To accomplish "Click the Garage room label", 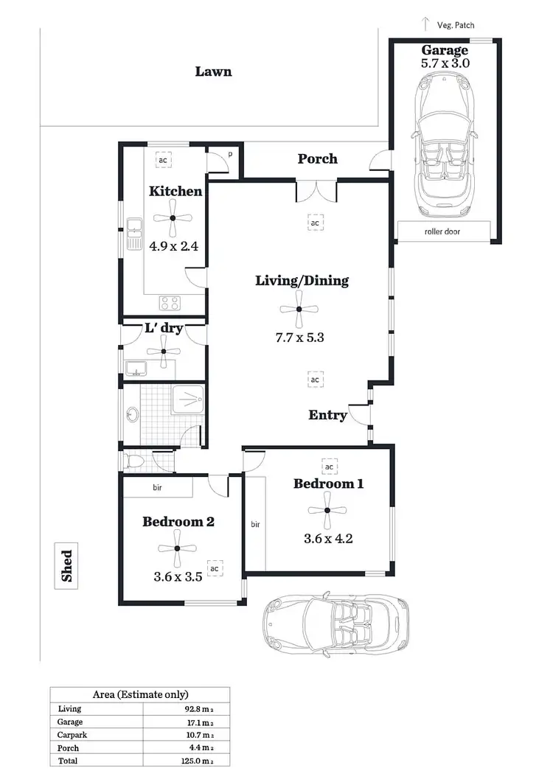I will point(445,51).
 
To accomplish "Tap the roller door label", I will point(445,231).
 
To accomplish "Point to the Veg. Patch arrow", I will point(425,24).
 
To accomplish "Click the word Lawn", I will point(213,71).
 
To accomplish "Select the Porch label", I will point(317,158).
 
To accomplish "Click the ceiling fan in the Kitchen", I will point(173,217).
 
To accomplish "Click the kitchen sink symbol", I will point(134,234).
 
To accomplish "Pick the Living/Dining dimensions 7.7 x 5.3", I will point(300,338).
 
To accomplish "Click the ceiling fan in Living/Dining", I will point(299,309).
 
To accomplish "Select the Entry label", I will point(327,415).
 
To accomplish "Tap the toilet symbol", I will point(134,461).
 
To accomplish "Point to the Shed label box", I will point(67,566).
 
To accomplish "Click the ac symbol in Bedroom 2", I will point(215,569).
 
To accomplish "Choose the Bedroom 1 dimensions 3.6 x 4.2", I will point(328,538).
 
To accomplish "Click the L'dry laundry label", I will point(163,328).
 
